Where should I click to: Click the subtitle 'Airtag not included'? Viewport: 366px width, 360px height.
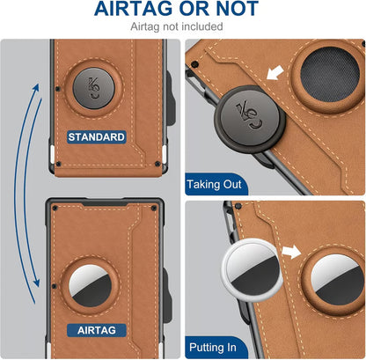click(x=183, y=27)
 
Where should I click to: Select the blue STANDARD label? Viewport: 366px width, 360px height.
click(x=98, y=136)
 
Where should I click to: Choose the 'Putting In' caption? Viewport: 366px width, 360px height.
click(x=212, y=348)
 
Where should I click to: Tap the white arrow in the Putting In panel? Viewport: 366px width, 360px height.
click(x=289, y=253)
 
